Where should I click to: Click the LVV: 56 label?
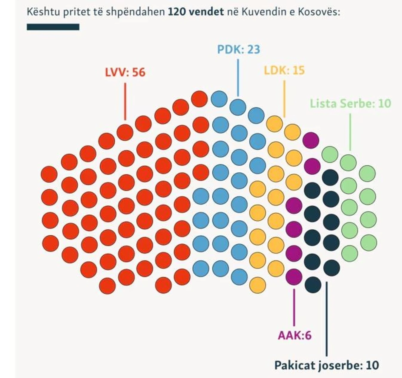pos(125,72)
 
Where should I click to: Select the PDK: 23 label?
pos(238,49)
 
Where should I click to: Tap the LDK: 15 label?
pos(284,70)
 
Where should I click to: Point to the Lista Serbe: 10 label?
pos(350,103)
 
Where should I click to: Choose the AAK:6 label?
pos(294,335)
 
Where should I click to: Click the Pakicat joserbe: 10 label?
pos(326,365)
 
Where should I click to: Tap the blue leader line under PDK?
pos(238,77)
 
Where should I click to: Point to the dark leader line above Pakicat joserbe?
pos(327,318)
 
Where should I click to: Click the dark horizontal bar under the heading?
pos(53,27)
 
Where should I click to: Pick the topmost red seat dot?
pos(199,99)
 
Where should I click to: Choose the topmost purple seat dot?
pos(311,140)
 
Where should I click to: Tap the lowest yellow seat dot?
pos(257,284)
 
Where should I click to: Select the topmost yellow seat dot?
pos(274,124)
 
